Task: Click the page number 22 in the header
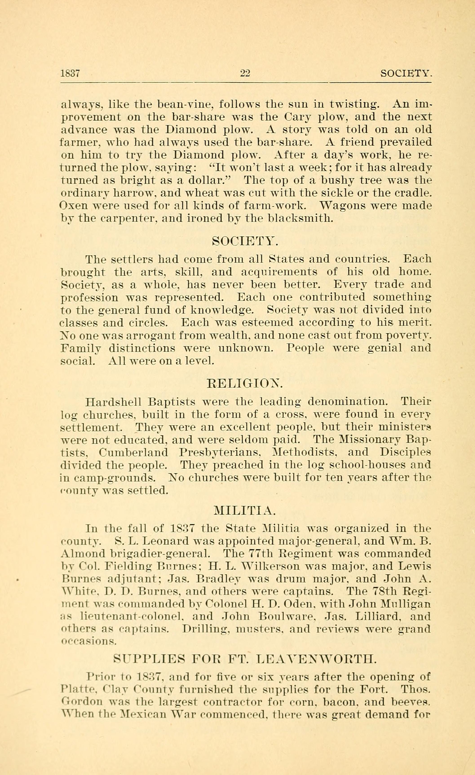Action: [x=245, y=73]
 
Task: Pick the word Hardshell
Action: [x=113, y=402]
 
